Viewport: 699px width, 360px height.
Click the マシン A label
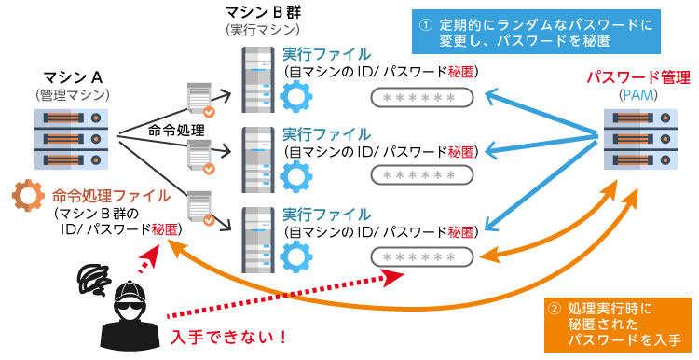pos(73,76)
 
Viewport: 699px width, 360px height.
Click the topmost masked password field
pos(424,97)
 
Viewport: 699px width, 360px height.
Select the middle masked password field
pos(424,175)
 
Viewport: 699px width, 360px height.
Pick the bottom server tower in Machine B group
pos(258,238)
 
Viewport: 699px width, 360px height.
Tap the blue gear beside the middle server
pos(297,174)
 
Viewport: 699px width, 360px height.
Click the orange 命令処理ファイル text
pos(112,196)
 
